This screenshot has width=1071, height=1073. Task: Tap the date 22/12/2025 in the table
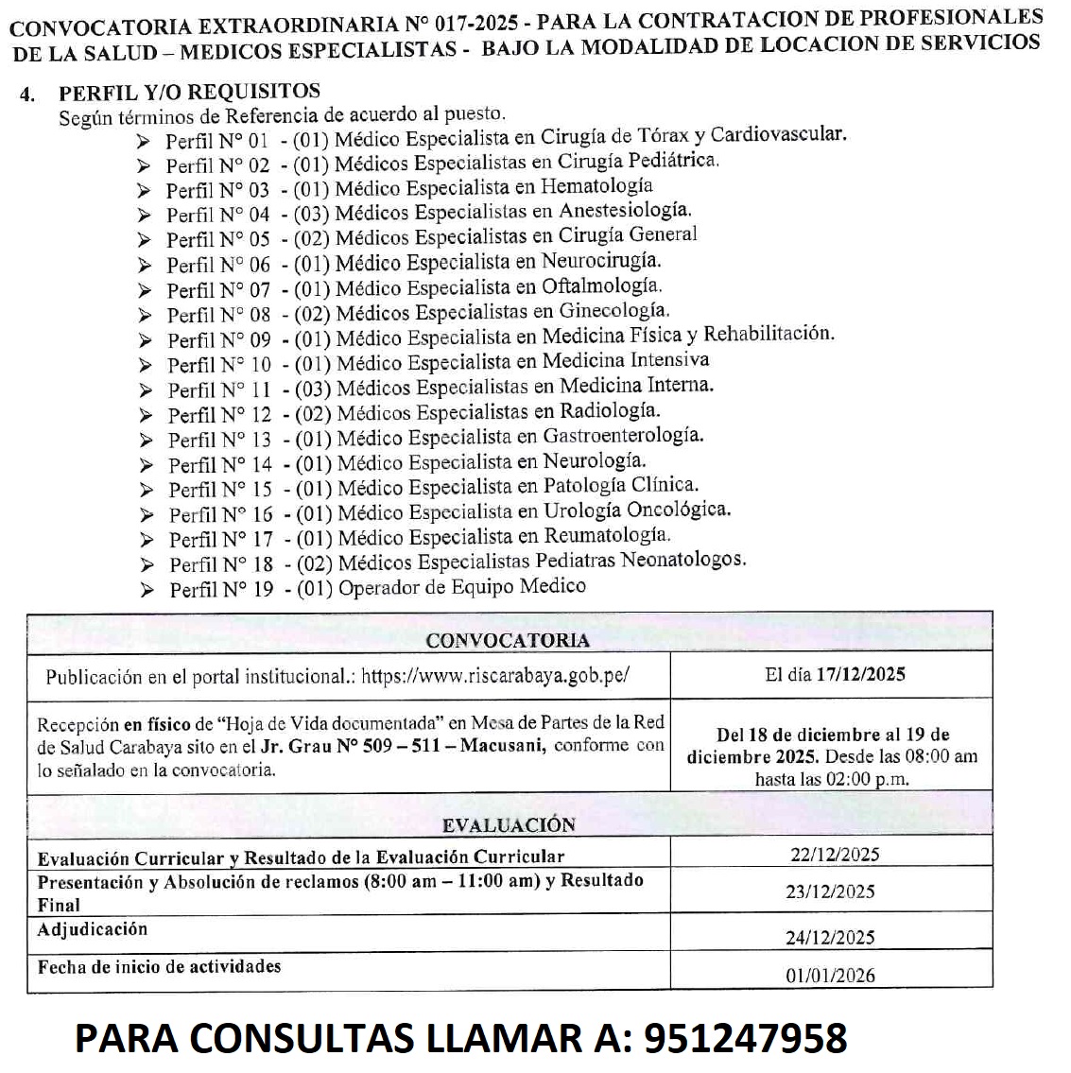(x=835, y=855)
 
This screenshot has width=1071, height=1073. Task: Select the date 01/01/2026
(x=830, y=975)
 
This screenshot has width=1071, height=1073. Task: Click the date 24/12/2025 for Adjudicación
(x=830, y=937)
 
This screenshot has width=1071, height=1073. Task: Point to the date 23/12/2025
(x=830, y=891)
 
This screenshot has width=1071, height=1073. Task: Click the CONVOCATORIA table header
(x=508, y=640)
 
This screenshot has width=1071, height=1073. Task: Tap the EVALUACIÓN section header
(x=509, y=824)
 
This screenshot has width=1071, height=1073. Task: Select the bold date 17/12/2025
(x=861, y=674)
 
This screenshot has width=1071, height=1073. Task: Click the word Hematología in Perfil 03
(x=596, y=186)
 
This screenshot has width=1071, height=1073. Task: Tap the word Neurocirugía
(x=601, y=261)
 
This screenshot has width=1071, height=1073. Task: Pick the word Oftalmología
(x=601, y=286)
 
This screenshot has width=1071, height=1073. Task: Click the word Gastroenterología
(x=623, y=436)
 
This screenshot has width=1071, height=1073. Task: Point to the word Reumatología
(x=608, y=535)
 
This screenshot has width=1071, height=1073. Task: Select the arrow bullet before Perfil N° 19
(x=147, y=590)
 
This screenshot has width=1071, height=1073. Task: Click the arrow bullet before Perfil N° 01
(x=143, y=142)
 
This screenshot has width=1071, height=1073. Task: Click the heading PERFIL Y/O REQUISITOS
(x=189, y=92)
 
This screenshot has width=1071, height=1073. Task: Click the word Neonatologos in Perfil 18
(x=682, y=560)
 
